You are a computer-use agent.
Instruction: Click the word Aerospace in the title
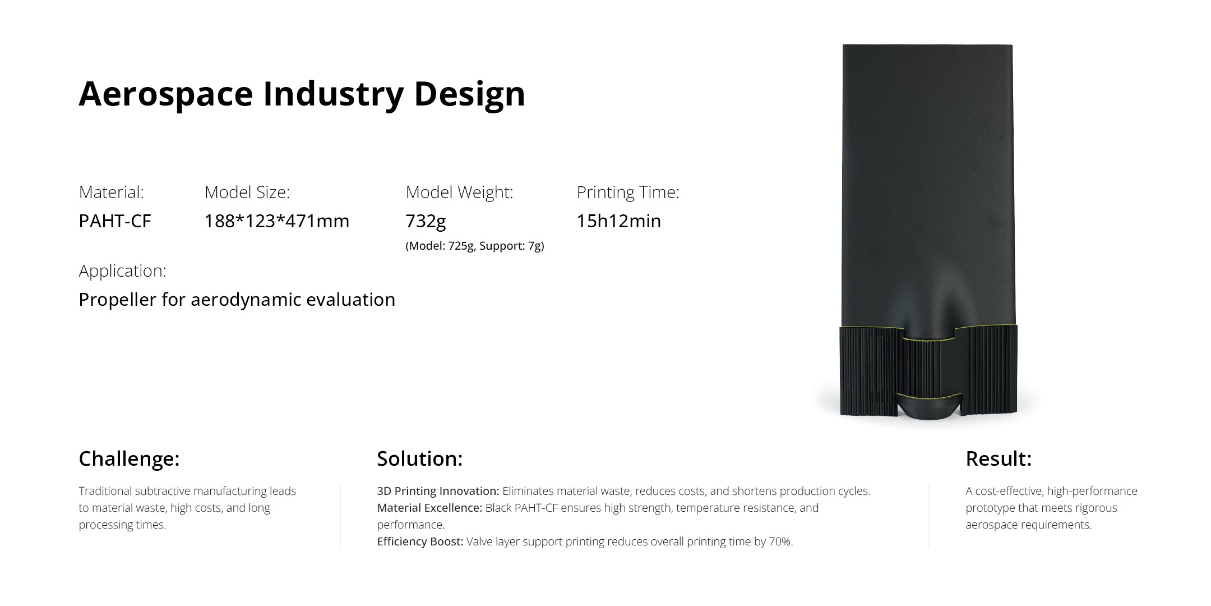(165, 94)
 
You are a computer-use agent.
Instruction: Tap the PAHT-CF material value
(115, 221)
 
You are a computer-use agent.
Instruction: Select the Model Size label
(247, 192)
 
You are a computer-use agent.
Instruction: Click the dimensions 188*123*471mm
(276, 221)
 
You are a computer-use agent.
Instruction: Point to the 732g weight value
(426, 221)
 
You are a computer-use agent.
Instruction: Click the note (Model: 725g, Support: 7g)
(474, 246)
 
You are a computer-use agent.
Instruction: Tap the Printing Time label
(628, 192)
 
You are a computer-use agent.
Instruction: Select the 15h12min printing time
(619, 221)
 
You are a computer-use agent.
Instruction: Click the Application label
(122, 271)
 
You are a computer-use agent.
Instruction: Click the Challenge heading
(129, 459)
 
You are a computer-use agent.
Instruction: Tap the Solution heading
(419, 459)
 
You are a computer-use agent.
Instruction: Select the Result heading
(998, 459)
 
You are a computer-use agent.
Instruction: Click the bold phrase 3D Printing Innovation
(438, 491)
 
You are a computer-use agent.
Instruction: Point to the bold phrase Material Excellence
(429, 508)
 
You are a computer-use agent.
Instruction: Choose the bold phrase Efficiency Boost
(420, 541)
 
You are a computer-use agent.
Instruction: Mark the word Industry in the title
(333, 94)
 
